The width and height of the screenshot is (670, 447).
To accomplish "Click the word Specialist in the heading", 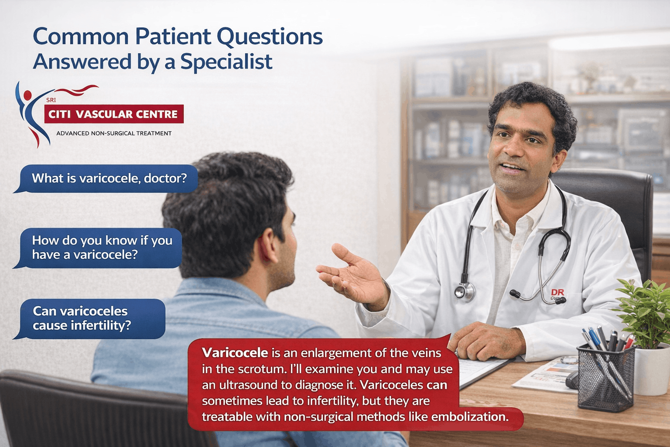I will pyautogui.click(x=226, y=62).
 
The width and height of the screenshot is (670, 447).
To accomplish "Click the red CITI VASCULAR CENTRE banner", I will pyautogui.click(x=113, y=114).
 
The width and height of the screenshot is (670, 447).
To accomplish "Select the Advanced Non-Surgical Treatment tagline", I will pyautogui.click(x=114, y=133).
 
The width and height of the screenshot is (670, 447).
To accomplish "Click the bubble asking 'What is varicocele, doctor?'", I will pyautogui.click(x=109, y=178).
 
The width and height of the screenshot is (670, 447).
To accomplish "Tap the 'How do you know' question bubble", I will pyautogui.click(x=102, y=248).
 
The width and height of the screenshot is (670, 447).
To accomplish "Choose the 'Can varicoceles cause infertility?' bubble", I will pyautogui.click(x=92, y=318).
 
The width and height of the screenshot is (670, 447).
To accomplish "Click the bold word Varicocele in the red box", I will pyautogui.click(x=235, y=353).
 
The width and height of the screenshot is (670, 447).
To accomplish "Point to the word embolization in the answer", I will pyautogui.click(x=469, y=417).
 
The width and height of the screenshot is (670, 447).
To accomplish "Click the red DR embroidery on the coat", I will pyautogui.click(x=557, y=292).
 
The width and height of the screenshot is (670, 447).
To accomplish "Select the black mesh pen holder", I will pyautogui.click(x=605, y=376).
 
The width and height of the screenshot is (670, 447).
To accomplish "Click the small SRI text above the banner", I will pyautogui.click(x=51, y=100).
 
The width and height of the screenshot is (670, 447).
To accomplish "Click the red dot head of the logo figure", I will pyautogui.click(x=27, y=95).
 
